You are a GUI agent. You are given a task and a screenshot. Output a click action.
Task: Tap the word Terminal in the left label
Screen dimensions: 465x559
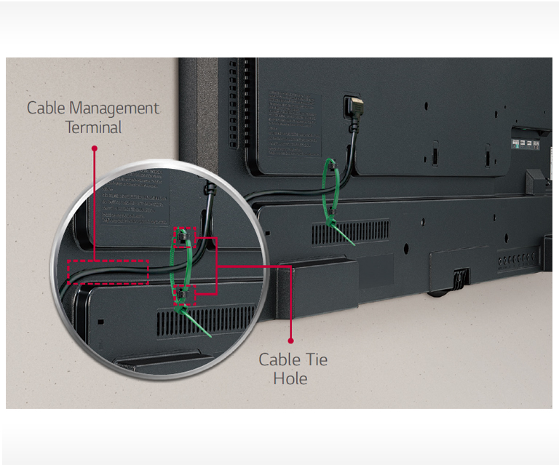(x=93, y=127)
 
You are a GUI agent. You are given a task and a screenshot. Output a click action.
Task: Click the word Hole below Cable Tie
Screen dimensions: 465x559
(x=290, y=378)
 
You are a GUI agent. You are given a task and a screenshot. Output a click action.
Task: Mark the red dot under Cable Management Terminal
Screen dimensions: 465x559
(x=93, y=148)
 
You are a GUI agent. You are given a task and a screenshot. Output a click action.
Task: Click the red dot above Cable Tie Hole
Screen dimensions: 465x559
(x=290, y=340)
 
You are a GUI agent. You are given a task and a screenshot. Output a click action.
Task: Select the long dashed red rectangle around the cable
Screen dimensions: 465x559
(x=108, y=272)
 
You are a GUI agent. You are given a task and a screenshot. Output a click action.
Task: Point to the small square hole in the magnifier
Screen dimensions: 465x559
(x=100, y=321)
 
